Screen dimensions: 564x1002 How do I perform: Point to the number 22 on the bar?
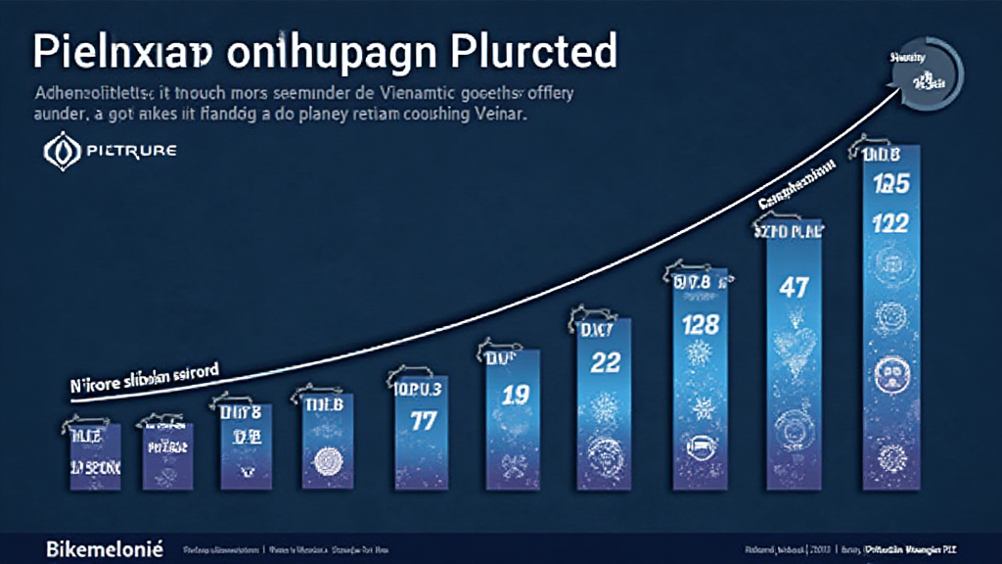[607, 362]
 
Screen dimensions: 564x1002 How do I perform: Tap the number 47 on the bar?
[794, 288]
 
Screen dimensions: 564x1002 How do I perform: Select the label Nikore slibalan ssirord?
[144, 376]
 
